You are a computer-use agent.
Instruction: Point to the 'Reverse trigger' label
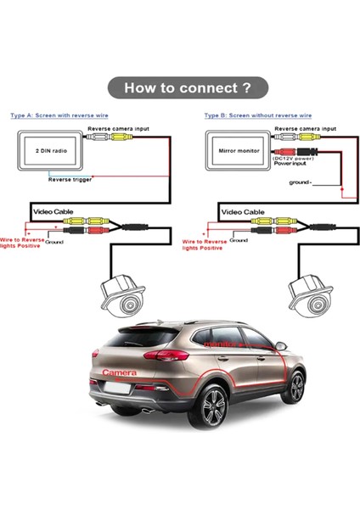[70, 179]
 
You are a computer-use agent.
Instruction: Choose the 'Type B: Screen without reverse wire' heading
[257, 115]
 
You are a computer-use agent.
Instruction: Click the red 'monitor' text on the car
[222, 345]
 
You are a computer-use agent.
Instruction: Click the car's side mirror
[281, 345]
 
